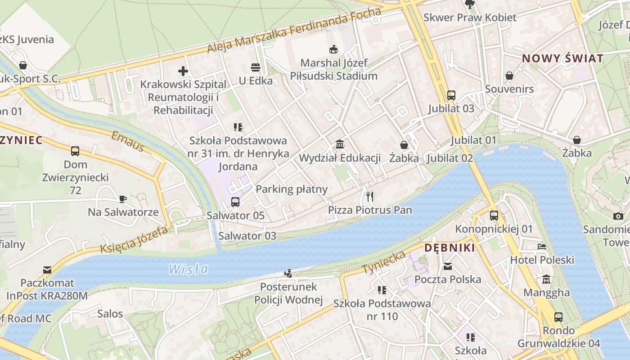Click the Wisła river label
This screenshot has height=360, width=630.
point(189,269)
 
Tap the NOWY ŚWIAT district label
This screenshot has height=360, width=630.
point(562,58)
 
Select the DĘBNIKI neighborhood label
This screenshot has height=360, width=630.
point(450,248)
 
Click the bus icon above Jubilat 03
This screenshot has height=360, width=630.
point(451,95)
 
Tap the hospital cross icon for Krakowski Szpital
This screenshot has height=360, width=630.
point(183,71)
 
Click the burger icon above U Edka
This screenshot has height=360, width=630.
point(256,68)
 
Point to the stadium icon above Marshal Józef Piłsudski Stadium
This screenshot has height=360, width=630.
point(333,49)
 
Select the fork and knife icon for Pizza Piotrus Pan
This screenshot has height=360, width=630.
point(370,196)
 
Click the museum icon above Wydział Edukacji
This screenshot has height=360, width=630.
point(340,144)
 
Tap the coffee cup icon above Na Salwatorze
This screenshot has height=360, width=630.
point(123,199)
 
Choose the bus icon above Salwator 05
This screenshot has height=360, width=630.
point(235,202)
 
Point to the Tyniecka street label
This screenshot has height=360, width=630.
point(383,263)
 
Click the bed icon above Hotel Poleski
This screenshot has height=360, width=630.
point(542,247)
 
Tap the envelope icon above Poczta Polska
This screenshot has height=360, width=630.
point(448,266)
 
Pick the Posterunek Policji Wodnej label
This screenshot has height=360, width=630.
point(288,293)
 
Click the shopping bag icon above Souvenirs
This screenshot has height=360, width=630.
point(509,76)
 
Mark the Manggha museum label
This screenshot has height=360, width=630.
point(546,293)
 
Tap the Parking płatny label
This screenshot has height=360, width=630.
point(292,189)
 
